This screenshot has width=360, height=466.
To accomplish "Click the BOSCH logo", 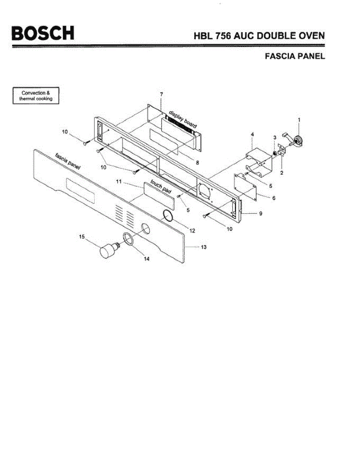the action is pos(43,33).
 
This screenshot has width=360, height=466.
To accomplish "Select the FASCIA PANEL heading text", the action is pos(294,56).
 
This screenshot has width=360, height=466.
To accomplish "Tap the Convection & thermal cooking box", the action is pos(36,96).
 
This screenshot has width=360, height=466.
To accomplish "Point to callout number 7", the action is pos(161,95).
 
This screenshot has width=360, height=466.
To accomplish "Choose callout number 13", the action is pos(203,247).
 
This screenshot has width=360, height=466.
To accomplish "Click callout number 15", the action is pos(82,236).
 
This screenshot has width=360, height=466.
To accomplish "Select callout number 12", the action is pos(192,231).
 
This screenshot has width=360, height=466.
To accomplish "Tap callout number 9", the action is pos(260,213).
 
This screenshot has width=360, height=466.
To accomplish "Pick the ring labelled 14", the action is pos(129,239).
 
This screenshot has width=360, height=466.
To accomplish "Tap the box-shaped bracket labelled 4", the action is pos(257,159).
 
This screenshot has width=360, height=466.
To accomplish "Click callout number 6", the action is pos(274,198).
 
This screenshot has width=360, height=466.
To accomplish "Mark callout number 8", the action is pos(197,162).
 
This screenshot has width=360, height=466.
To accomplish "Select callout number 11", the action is pos(119,181).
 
